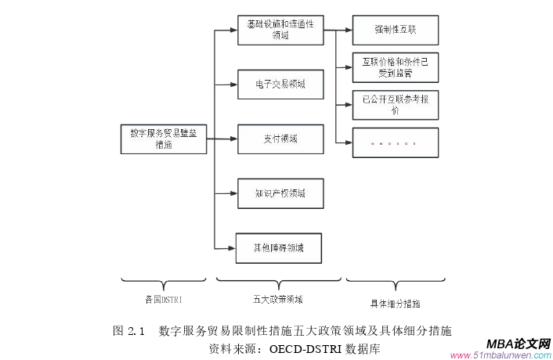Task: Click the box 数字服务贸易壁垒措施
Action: (x=164, y=139)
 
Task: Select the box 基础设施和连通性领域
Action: (x=280, y=31)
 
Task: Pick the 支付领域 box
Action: (x=280, y=139)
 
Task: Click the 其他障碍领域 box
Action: (x=280, y=248)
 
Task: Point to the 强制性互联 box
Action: (x=395, y=31)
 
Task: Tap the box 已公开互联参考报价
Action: (x=395, y=104)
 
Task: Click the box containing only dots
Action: (x=395, y=142)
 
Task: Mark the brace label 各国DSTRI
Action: (x=164, y=299)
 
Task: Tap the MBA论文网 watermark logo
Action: (x=518, y=344)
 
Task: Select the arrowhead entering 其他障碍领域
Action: (x=233, y=248)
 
